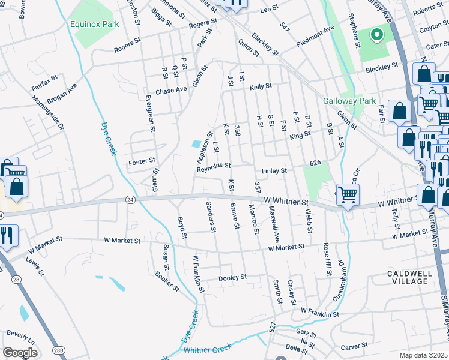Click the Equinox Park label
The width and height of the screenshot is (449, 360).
94,25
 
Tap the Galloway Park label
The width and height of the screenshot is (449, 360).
349,101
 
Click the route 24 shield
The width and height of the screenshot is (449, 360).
130,199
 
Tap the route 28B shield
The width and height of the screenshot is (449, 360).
58,350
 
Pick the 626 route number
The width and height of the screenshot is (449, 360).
316,163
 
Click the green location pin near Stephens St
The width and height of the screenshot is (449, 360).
377,35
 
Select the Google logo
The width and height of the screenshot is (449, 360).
20,353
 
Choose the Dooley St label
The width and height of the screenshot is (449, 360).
232,277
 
